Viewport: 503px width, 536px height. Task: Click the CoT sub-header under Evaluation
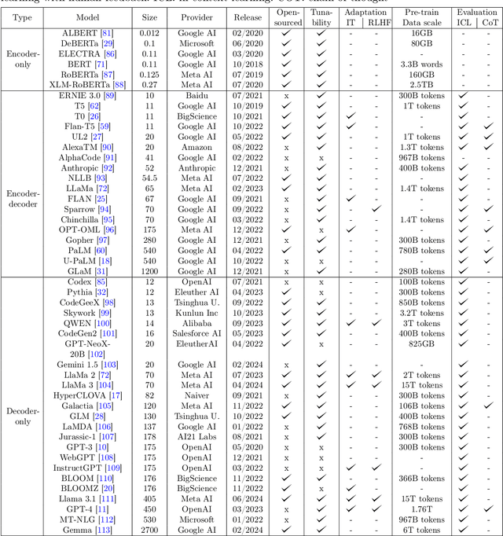tap(488, 23)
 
